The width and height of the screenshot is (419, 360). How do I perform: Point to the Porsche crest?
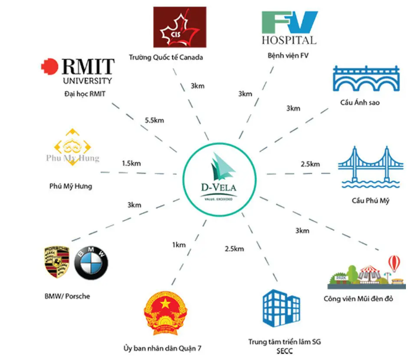pos(57,262)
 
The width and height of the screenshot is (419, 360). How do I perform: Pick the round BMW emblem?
pos(91,262)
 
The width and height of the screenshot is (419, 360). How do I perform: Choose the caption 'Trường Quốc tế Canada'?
pos(166,58)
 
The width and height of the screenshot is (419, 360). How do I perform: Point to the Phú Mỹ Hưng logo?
pos(72,151)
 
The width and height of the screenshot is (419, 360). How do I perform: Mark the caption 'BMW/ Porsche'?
pos(66,295)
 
